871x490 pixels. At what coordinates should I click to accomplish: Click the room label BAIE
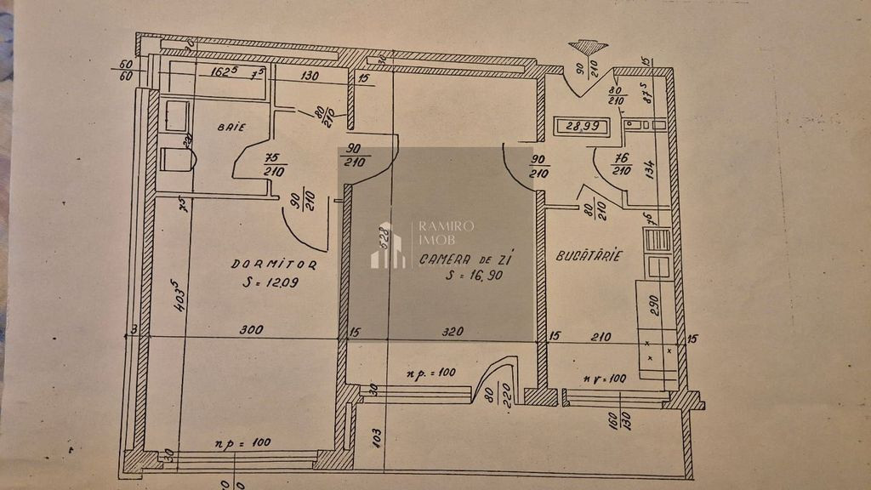click(x=231, y=128)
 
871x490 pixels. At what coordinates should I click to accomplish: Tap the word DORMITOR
click(x=274, y=265)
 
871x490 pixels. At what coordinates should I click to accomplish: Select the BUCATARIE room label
click(x=589, y=255)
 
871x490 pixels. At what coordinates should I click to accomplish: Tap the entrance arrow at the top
click(x=588, y=48)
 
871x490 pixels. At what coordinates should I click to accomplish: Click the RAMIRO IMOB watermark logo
click(x=387, y=245)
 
